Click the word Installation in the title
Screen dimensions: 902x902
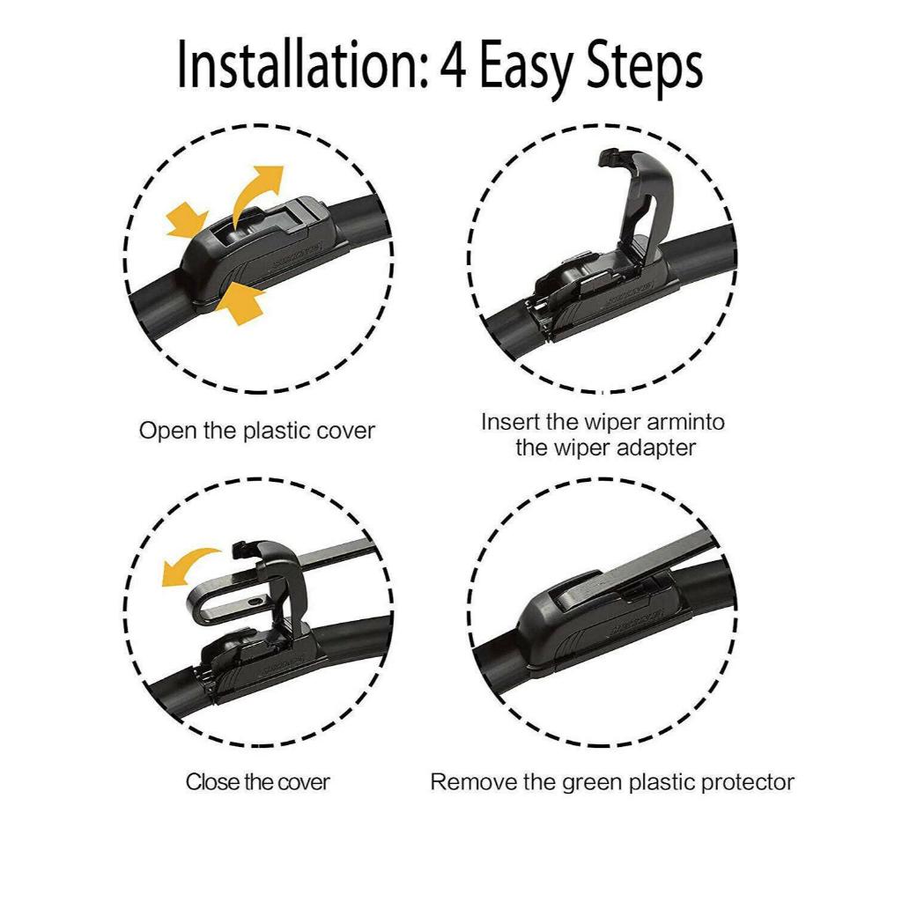click(303, 64)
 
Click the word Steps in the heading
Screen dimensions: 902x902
click(644, 68)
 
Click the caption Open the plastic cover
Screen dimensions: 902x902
click(257, 431)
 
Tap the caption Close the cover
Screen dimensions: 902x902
click(258, 782)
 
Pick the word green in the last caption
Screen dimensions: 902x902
click(592, 783)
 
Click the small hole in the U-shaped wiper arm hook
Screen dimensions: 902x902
click(255, 601)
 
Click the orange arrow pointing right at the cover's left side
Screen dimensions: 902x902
click(187, 219)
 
